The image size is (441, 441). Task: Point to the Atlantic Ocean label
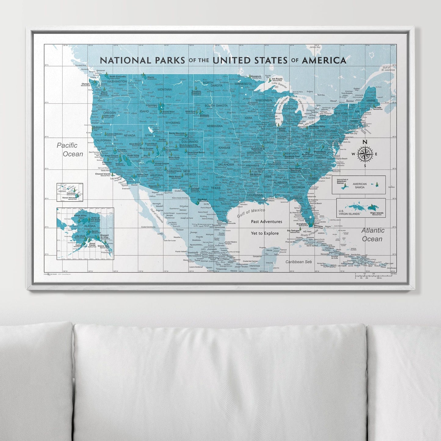373,235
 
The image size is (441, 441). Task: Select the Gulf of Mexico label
251,212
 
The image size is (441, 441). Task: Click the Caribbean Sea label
298,262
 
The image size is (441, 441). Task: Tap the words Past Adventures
266,222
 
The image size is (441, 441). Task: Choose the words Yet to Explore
265,233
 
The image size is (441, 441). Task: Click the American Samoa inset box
359,185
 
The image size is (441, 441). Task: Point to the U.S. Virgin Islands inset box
361,208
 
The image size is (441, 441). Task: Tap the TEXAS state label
215,188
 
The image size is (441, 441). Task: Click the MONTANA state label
164,89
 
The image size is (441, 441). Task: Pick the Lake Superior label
279,83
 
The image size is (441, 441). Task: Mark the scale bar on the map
375,276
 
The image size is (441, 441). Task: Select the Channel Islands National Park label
103,175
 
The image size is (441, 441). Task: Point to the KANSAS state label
224,148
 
